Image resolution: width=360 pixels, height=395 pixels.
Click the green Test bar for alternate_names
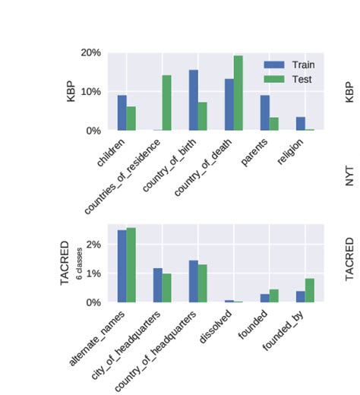131,265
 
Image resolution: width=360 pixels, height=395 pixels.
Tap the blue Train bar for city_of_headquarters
157,285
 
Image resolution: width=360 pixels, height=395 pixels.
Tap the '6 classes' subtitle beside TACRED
81,263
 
